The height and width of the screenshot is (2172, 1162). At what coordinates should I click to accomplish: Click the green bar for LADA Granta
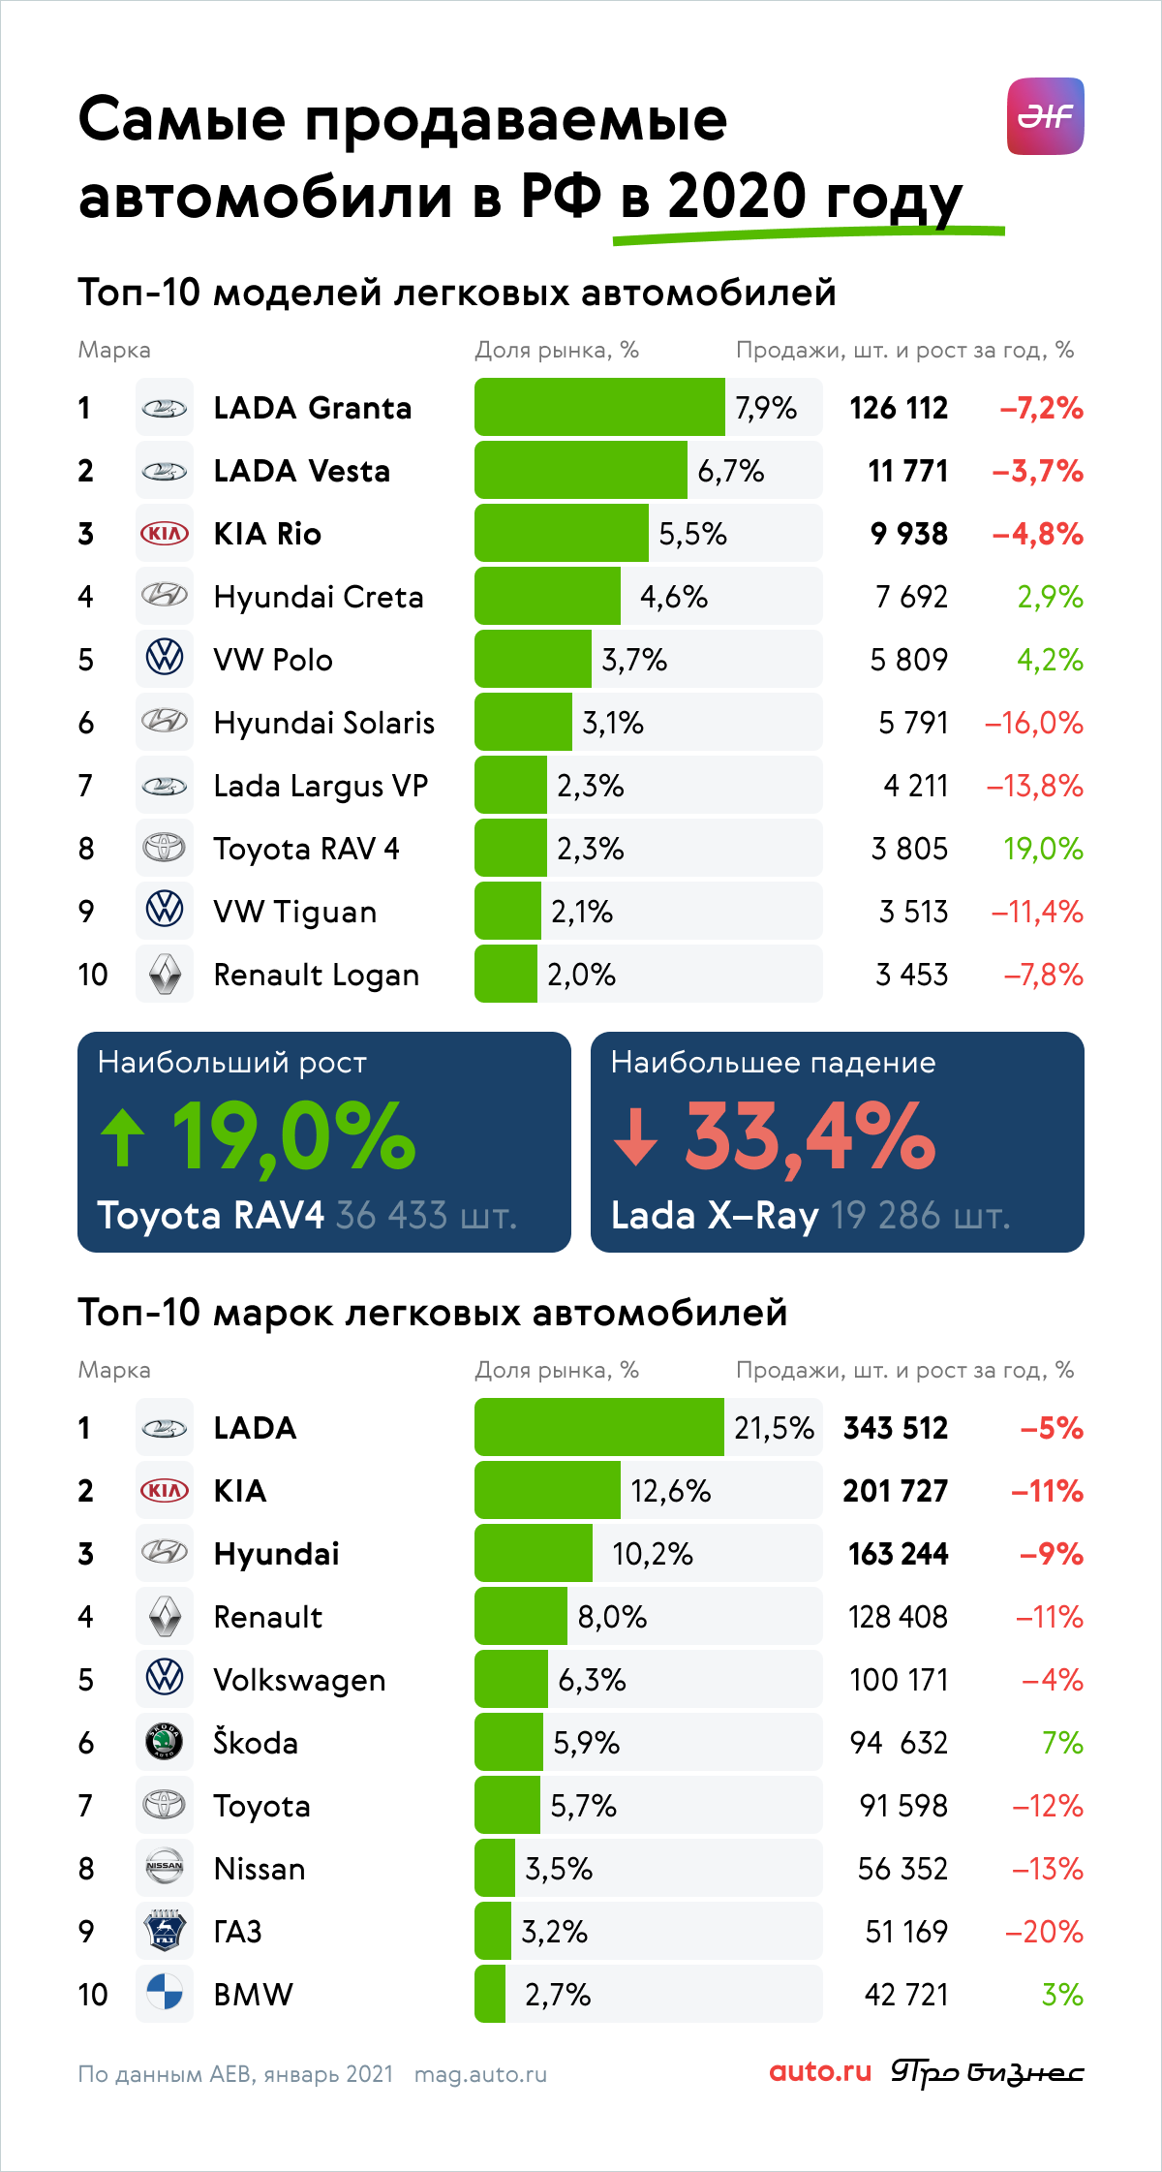point(599,407)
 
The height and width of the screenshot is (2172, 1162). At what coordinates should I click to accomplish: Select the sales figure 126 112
point(899,408)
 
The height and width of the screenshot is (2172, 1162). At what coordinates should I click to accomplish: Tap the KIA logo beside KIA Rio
point(165,534)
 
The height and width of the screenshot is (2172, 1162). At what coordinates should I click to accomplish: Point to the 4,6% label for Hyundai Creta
point(674,597)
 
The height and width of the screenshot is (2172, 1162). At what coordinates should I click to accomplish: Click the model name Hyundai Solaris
point(324,723)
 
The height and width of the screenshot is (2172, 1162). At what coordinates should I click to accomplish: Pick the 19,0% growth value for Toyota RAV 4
point(1043,849)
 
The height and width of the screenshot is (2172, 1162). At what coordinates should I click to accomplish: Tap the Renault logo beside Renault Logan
point(165,975)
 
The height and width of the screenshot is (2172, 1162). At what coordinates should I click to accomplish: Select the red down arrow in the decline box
point(636,1137)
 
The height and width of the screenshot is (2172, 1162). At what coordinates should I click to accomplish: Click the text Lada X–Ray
point(715,1215)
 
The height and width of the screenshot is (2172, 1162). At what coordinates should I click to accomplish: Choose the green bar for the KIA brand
point(547,1490)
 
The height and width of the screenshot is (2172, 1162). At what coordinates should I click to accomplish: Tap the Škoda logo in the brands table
point(165,1742)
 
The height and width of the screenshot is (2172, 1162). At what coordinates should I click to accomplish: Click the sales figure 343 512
point(896,1428)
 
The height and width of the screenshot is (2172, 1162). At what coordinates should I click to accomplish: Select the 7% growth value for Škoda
point(1062,1743)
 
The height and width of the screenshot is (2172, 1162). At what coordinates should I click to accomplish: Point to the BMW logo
point(165,1994)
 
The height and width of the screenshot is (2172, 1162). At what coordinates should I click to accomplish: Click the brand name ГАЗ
point(238,1932)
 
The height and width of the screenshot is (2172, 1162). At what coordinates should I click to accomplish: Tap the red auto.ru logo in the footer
point(820,2071)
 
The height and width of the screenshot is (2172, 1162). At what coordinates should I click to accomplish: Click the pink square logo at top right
point(1046,116)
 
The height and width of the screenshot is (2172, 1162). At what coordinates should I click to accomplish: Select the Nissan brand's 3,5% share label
point(559,1869)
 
